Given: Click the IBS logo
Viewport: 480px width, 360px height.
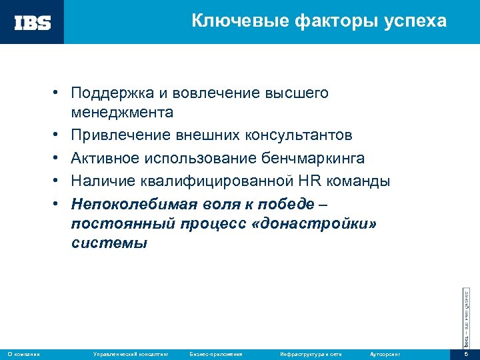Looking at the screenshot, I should [x=33, y=23].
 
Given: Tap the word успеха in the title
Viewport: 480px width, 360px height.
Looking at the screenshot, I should [x=416, y=21].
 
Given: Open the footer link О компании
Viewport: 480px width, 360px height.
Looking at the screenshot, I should [x=24, y=353].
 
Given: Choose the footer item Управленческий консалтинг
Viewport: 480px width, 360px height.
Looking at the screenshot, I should [x=130, y=353].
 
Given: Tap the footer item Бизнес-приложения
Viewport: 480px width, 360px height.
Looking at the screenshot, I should [x=216, y=353].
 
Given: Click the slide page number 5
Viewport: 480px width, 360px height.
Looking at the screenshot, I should [x=467, y=353].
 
